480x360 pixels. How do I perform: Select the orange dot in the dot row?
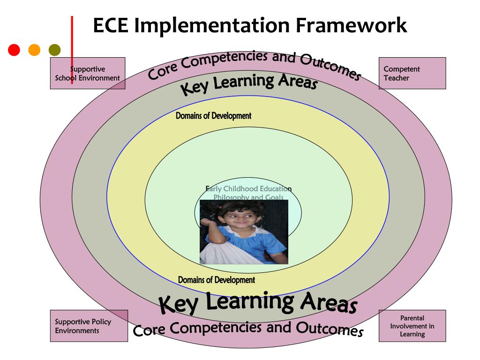click(35, 49)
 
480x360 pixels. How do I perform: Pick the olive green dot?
click(55, 49)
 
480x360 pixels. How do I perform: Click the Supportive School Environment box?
click(88, 74)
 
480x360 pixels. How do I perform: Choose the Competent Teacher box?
click(412, 74)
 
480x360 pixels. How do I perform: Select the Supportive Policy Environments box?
click(89, 326)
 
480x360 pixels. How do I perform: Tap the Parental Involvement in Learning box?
click(412, 326)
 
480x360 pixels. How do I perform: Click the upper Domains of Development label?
click(213, 116)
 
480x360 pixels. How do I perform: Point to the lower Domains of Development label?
click(216, 280)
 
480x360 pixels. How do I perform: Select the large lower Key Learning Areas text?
click(258, 302)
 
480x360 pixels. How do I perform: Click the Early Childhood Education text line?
click(248, 189)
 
